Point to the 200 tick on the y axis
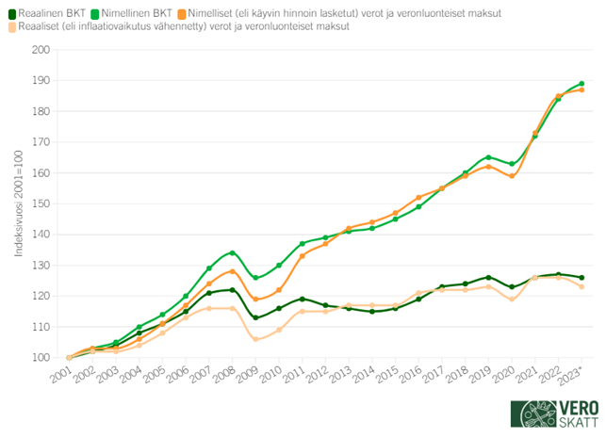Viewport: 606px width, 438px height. point(41,50)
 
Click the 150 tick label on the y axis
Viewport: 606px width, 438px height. point(41,203)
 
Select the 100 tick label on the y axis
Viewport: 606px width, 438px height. point(41,358)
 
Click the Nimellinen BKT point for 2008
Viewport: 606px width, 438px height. point(232,252)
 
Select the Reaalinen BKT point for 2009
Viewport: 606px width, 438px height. point(255,317)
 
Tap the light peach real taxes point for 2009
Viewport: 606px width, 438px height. point(255,339)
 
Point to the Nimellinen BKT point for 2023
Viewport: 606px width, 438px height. point(581,84)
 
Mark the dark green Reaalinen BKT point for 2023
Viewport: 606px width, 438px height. point(581,278)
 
